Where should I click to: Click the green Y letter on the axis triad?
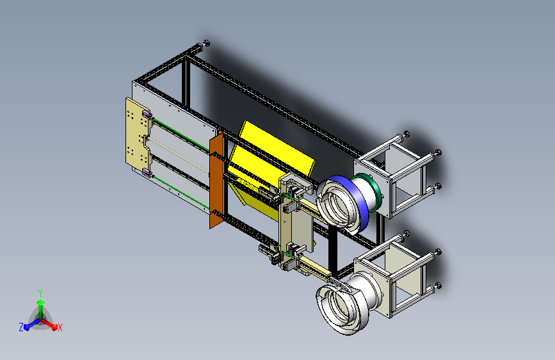(40, 291)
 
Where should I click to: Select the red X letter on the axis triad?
(60, 327)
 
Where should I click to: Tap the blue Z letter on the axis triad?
(21, 327)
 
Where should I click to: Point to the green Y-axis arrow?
(40, 304)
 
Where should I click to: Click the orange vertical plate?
(216, 179)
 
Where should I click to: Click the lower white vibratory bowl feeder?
(349, 301)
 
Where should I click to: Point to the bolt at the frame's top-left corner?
(205, 44)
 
